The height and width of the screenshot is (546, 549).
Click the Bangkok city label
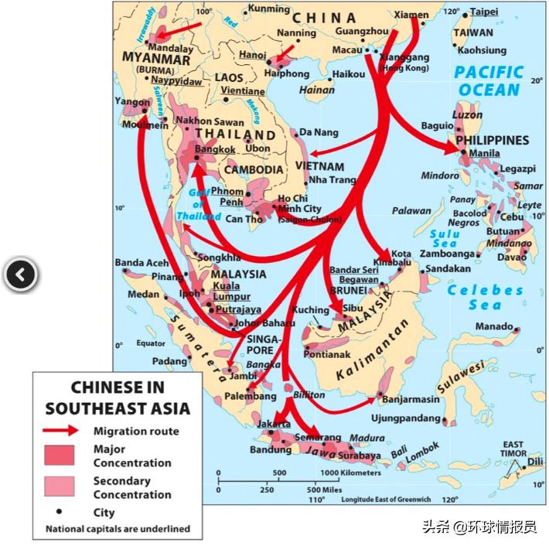click(215, 148)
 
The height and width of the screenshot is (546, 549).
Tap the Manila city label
click(485, 153)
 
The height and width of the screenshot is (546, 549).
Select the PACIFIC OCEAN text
click(489, 81)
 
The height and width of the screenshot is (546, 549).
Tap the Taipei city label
click(483, 12)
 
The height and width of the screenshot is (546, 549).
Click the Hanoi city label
click(253, 56)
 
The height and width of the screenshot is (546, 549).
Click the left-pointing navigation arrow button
click(20, 274)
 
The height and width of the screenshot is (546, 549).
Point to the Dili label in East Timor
click(535, 462)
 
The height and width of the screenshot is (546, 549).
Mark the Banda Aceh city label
click(142, 263)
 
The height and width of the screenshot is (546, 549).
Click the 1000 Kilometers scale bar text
click(350, 473)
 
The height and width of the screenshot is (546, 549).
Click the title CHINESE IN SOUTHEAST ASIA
click(118, 398)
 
